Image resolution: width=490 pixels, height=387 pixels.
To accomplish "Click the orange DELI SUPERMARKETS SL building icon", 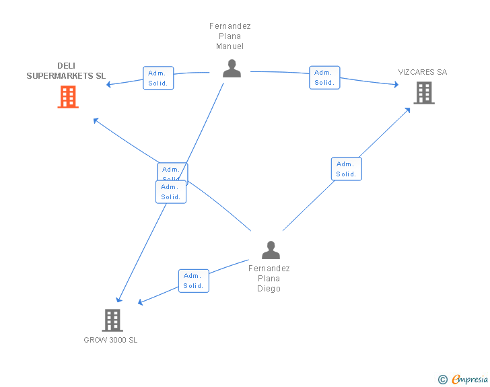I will (x=68, y=97).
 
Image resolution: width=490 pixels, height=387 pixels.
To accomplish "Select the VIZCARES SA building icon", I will (x=424, y=93).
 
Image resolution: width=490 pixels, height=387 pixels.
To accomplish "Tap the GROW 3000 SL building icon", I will (x=112, y=320).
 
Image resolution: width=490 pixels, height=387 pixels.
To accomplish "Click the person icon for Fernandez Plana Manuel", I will (x=232, y=68).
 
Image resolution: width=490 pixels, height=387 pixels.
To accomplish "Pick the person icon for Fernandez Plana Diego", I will (x=271, y=250).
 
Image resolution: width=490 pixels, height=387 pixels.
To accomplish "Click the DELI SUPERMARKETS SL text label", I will (x=66, y=71).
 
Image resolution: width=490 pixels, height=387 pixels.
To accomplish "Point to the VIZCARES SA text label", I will (x=422, y=72).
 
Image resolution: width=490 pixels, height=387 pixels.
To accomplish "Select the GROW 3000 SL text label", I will (x=110, y=341).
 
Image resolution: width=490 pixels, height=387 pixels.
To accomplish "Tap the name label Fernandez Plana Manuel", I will (x=230, y=36).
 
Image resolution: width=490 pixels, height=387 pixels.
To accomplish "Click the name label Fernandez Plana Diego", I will (x=269, y=279).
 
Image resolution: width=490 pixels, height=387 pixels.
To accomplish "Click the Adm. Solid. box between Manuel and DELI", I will (x=158, y=78).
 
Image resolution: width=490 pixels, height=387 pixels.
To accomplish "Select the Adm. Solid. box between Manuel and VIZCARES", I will (x=324, y=77).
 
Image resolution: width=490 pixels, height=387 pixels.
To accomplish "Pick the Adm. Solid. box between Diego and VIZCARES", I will (x=346, y=169).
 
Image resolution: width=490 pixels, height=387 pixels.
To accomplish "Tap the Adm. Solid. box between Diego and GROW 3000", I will (x=193, y=281).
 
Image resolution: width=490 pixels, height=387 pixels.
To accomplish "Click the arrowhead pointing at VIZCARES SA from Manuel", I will (x=395, y=85).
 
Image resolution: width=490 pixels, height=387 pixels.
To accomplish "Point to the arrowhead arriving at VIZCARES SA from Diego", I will (x=409, y=109).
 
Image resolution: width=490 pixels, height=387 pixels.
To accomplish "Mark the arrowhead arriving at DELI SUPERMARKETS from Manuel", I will (x=110, y=83).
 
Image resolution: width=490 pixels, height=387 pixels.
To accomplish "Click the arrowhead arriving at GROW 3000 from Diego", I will (x=141, y=302).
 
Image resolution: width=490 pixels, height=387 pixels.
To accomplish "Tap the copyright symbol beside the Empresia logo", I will (x=442, y=380).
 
